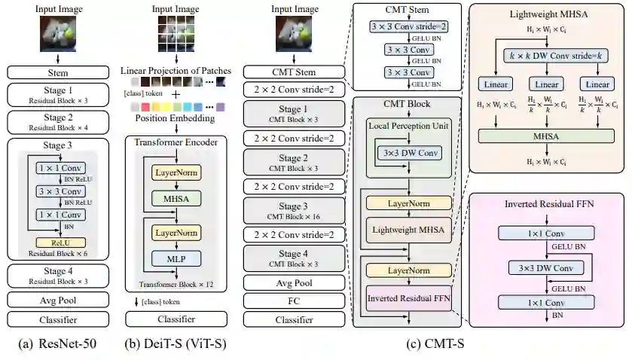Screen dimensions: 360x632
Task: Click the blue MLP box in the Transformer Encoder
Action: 176,258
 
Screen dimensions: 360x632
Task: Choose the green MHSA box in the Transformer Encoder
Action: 176,198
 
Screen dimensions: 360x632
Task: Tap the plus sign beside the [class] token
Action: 176,93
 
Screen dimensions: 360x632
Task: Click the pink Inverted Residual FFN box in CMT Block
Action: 409,297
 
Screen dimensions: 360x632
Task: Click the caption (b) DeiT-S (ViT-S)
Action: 176,345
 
